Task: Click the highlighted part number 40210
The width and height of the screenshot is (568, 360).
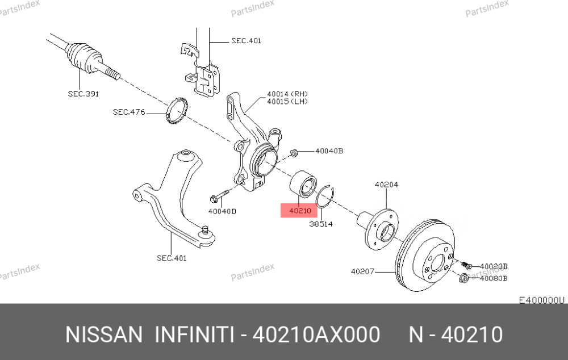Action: pyautogui.click(x=300, y=211)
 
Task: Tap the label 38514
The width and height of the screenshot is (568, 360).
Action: pyautogui.click(x=320, y=224)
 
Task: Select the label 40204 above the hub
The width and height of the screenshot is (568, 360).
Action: pyautogui.click(x=386, y=185)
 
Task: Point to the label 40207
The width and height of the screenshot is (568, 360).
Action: pyautogui.click(x=362, y=271)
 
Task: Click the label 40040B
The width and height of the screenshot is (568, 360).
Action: pyautogui.click(x=329, y=150)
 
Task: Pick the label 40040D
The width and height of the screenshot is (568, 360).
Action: pyautogui.click(x=222, y=211)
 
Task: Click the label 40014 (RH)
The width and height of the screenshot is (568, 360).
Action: pyautogui.click(x=287, y=94)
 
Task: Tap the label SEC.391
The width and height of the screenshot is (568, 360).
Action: pyautogui.click(x=83, y=94)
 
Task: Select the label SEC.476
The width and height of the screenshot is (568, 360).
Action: pyautogui.click(x=129, y=112)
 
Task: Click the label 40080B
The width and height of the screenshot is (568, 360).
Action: pyautogui.click(x=494, y=278)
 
